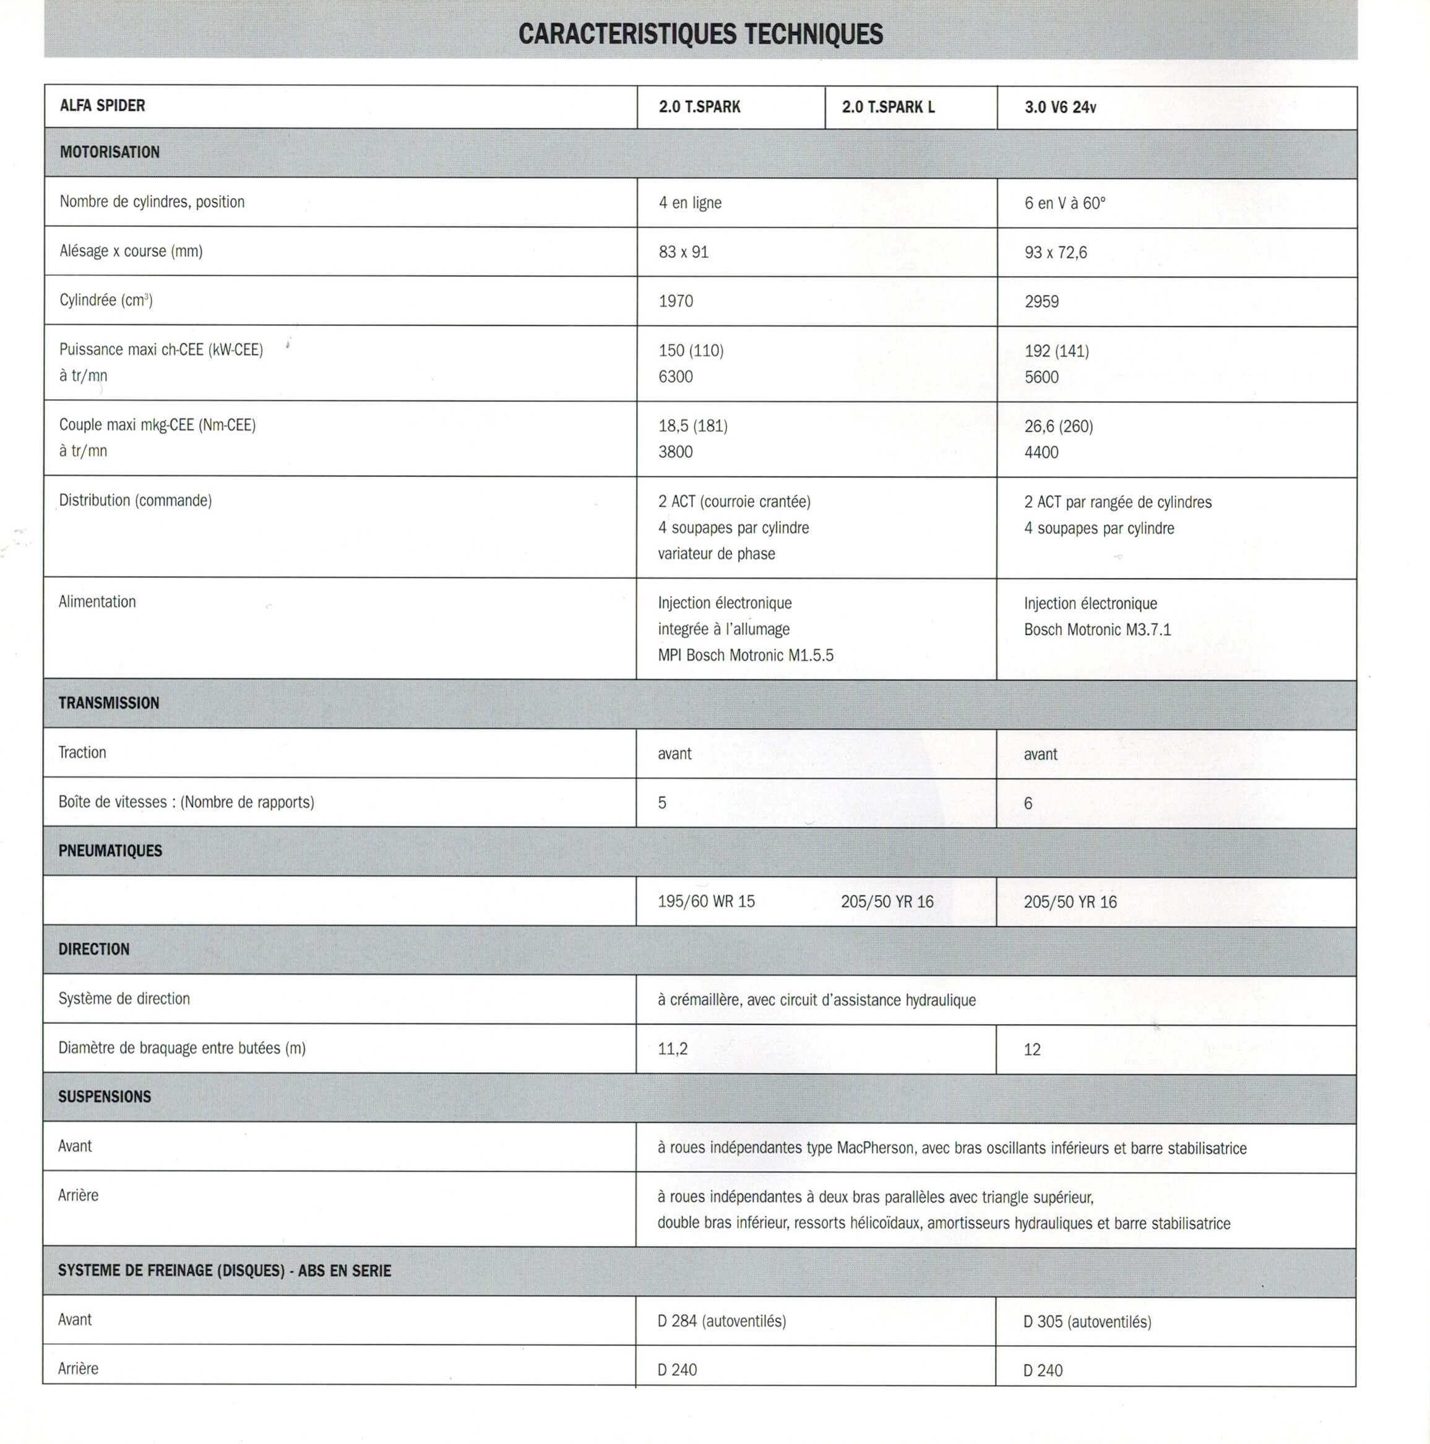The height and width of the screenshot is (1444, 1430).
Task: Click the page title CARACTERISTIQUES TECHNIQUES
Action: pos(700,35)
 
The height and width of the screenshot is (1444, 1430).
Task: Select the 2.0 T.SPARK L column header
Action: pos(888,107)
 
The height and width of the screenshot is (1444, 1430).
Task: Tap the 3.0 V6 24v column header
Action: pos(1060,107)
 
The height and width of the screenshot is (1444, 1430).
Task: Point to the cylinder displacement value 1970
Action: pos(676,301)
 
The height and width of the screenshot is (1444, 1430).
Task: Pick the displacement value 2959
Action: pos(1041,302)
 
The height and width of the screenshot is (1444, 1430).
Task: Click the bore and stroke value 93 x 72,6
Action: pos(1056,252)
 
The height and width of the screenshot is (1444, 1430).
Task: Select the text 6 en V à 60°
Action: pos(1064,204)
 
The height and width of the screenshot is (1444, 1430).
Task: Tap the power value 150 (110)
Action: pos(691,351)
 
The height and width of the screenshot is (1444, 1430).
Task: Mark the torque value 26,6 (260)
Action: pos(1059,426)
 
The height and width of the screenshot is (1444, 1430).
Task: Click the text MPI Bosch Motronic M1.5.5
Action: pos(745,655)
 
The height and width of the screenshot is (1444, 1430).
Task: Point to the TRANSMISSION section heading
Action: pos(108,703)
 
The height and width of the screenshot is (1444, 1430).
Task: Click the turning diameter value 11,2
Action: pos(673,1049)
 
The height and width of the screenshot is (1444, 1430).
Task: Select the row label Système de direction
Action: pos(124,999)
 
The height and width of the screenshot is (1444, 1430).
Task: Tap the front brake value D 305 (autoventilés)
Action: pos(1087,1322)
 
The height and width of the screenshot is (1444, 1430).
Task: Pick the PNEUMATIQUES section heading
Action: pos(110,851)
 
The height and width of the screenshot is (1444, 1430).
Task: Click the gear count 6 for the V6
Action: pos(1028,804)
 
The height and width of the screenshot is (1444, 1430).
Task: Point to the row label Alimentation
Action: pos(97,601)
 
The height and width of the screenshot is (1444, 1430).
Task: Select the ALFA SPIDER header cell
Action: pos(103,105)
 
